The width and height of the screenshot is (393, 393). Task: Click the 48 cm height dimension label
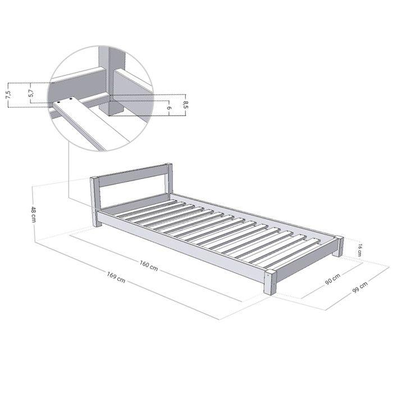(34, 214)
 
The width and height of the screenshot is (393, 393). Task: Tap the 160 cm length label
(149, 266)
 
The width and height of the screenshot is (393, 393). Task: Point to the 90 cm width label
(332, 278)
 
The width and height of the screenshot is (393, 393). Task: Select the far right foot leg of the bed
(338, 247)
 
